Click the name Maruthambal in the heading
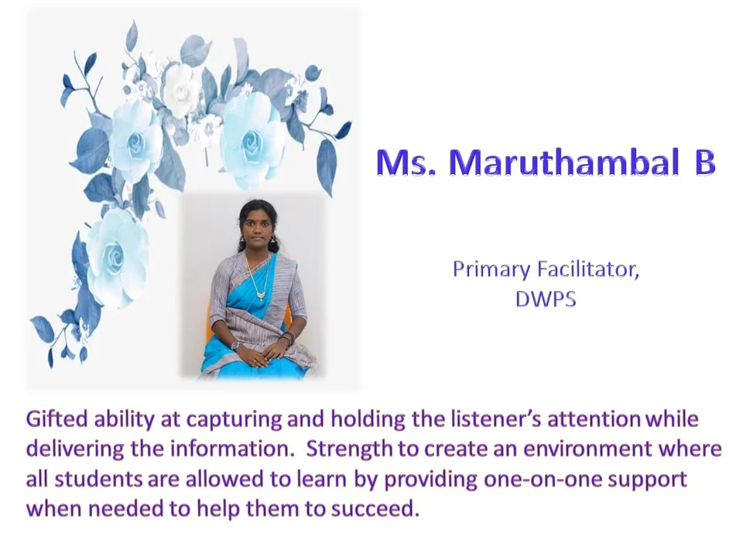tap(563, 162)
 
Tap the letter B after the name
tap(704, 162)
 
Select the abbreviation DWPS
tap(546, 299)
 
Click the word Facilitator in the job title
tap(588, 269)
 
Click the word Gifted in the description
tap(56, 419)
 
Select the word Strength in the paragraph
tap(349, 449)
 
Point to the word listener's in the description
tap(495, 419)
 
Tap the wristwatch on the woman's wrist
tap(235, 345)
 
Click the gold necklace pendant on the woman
tap(261, 296)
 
